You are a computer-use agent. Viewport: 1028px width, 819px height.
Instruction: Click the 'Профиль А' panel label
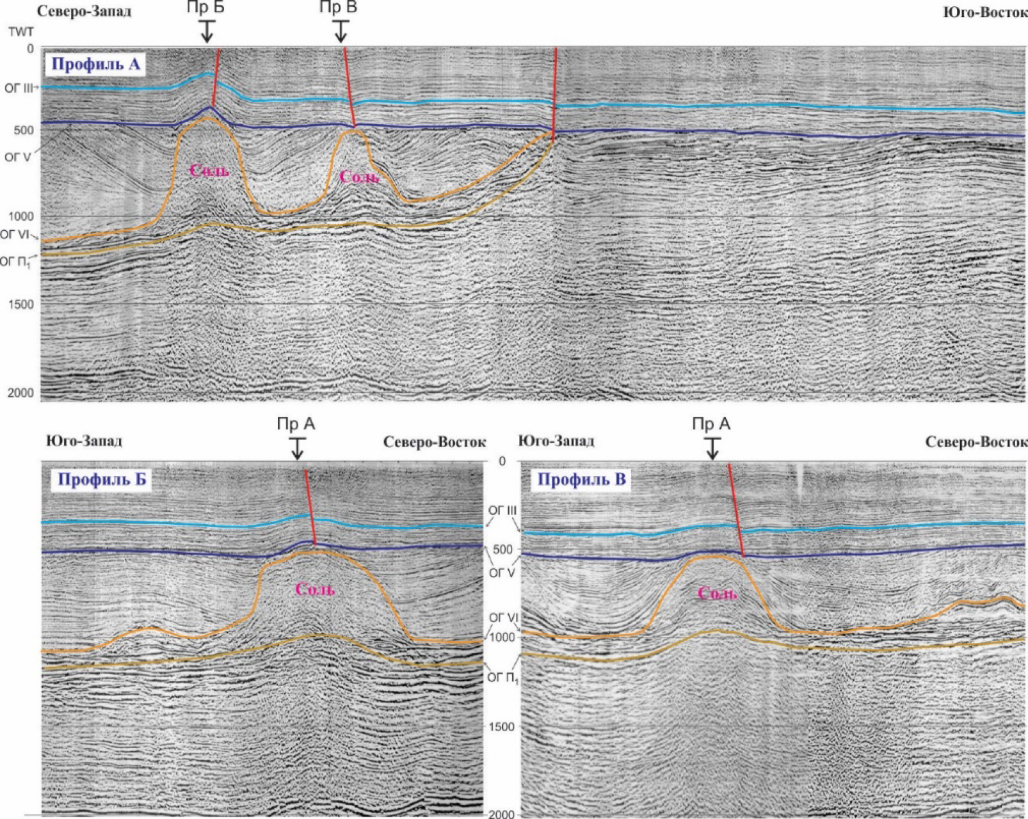coord(95,64)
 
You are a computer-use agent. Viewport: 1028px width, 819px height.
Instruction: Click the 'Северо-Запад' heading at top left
coord(84,11)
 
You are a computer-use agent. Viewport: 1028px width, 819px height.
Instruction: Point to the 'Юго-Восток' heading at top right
coord(985,12)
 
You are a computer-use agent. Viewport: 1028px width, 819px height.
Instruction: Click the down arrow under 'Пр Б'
coord(206,32)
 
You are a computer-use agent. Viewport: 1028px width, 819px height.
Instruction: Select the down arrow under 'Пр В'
coord(341,32)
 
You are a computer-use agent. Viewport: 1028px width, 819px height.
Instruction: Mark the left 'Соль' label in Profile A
coord(209,171)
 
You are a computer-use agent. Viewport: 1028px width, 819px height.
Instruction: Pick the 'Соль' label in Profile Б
coord(315,589)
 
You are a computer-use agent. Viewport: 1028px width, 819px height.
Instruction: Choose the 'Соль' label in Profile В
coord(717,594)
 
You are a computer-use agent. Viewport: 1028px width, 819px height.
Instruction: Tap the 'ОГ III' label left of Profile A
coord(17,88)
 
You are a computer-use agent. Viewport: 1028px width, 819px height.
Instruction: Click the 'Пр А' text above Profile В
coord(711,424)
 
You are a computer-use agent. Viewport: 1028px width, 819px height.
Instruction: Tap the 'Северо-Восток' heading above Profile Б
coord(435,442)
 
